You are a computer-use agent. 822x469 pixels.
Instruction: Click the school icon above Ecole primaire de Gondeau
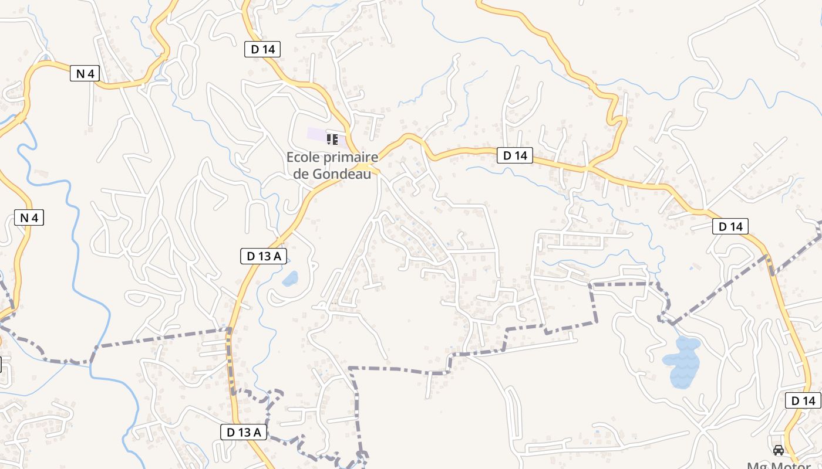[332, 140]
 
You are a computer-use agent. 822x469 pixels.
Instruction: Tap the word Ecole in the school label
[302, 158]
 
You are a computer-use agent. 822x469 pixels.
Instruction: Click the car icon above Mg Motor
[779, 450]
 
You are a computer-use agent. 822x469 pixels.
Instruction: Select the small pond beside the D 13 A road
[290, 278]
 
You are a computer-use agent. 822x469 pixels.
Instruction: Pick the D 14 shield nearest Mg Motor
[803, 401]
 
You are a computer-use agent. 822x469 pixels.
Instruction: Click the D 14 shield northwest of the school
[262, 49]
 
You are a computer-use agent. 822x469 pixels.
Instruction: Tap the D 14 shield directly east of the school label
[515, 155]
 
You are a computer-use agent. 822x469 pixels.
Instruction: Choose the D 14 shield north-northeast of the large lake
[730, 226]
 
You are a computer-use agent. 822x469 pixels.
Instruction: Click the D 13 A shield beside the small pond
[264, 256]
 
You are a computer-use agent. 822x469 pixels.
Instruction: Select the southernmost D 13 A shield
[244, 432]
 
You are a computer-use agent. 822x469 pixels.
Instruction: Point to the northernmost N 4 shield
[85, 73]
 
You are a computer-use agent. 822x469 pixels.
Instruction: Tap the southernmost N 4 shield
[29, 218]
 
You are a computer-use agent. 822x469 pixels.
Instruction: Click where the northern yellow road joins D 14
[588, 168]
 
